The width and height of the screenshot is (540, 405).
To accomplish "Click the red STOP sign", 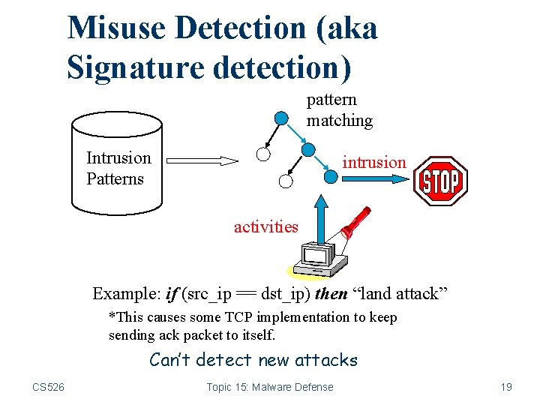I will (441, 181).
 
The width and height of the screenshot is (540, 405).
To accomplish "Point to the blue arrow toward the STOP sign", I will (375, 179).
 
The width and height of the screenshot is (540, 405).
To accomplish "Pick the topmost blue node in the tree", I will (280, 118).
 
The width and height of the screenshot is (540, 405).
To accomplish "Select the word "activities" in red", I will (265, 226).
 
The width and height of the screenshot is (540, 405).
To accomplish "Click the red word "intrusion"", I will (374, 162).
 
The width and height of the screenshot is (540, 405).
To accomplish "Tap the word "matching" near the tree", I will (339, 121).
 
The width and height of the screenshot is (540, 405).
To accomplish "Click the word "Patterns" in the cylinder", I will (115, 179).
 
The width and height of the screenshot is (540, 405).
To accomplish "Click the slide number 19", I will (506, 387).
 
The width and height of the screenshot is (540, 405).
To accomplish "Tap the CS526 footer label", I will (48, 387).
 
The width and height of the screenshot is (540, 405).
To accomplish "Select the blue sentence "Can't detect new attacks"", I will (253, 360).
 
